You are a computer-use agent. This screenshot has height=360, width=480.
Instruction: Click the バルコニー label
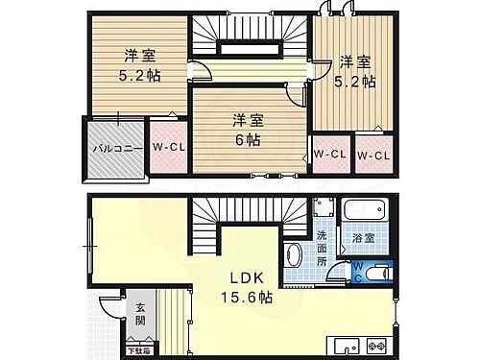click(x=118, y=149)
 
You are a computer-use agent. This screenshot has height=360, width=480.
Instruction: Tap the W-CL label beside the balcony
click(x=168, y=147)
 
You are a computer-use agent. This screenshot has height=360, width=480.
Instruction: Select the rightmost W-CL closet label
click(x=373, y=155)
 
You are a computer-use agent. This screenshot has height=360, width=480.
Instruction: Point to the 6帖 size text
click(x=247, y=139)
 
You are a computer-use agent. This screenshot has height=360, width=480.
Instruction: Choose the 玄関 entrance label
click(x=140, y=315)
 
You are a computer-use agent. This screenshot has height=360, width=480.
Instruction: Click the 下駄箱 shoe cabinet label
click(x=140, y=354)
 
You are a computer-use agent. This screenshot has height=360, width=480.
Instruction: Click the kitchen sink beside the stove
click(x=343, y=346)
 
